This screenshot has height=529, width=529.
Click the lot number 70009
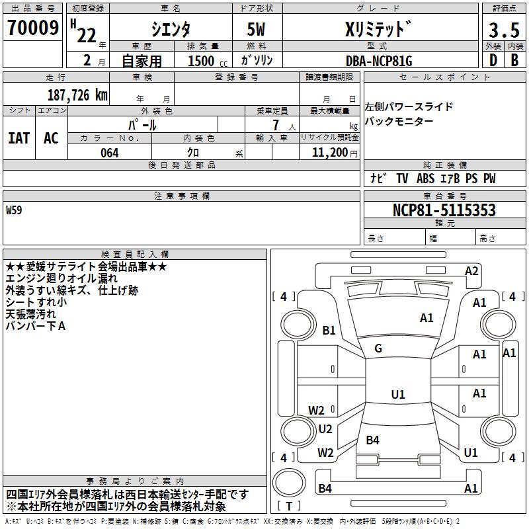pyautogui.click(x=31, y=28)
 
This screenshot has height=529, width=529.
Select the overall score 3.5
pyautogui.click(x=503, y=30)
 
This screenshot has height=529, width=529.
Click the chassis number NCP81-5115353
pyautogui.click(x=444, y=210)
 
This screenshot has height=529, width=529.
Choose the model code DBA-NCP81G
pyautogui.click(x=378, y=61)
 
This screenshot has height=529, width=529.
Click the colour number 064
pyautogui.click(x=109, y=153)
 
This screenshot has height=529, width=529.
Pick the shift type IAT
pyautogui.click(x=19, y=138)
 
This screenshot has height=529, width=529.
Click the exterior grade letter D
pyautogui.click(x=493, y=60)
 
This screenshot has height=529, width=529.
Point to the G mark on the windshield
pyautogui.click(x=378, y=348)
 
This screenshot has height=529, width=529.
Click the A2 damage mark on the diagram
pyautogui.click(x=471, y=271)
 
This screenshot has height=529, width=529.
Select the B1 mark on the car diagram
pyautogui.click(x=329, y=331)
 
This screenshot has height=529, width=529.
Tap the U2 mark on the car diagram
pyautogui.click(x=325, y=429)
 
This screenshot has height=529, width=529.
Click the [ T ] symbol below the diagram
pyautogui.click(x=289, y=507)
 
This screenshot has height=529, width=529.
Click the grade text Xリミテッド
pyautogui.click(x=379, y=29)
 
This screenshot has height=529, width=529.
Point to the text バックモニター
pyautogui.click(x=399, y=121)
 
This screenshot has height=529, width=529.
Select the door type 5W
pyautogui.click(x=257, y=29)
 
